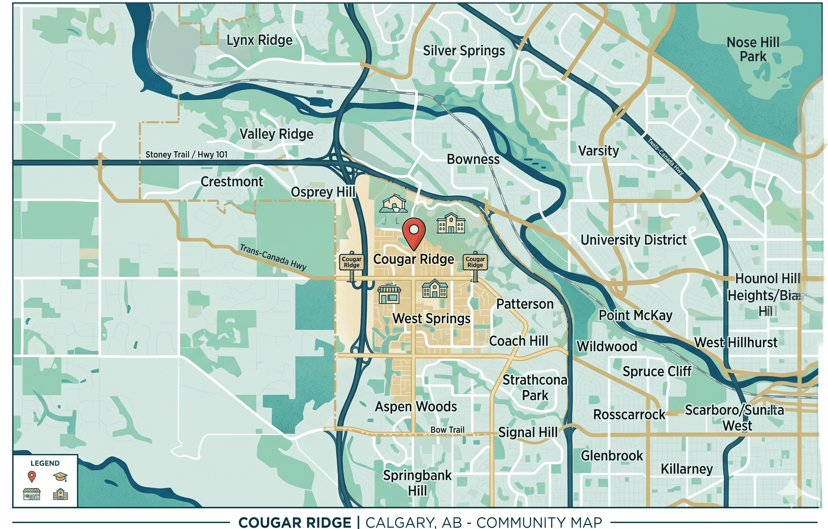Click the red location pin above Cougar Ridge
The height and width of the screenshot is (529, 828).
[x=414, y=231]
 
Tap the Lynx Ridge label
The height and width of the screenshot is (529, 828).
[x=259, y=40]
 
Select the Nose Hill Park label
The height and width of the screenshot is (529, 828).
[x=753, y=49]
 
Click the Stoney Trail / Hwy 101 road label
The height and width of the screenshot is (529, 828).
[x=186, y=154]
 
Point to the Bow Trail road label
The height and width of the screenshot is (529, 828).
[x=447, y=429]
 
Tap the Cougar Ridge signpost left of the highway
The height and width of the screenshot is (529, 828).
[x=351, y=263]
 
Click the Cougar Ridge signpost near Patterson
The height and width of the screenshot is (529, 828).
[x=475, y=263]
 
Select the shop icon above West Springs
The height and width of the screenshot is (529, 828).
[x=389, y=294]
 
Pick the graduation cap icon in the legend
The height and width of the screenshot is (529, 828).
[x=60, y=477]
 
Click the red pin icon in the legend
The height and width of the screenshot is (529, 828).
[x=32, y=476]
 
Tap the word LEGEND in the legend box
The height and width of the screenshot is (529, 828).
[x=45, y=463]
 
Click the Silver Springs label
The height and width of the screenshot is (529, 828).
[x=464, y=51]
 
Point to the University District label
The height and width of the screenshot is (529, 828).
[x=633, y=240]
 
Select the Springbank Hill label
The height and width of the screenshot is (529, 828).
[x=418, y=483]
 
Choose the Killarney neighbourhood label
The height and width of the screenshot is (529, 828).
[x=687, y=469]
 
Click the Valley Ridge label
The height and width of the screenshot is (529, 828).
[x=276, y=134]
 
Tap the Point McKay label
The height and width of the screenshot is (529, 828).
[x=636, y=315]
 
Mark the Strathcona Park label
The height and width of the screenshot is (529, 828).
[x=535, y=387]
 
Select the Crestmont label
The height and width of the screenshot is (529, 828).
[x=232, y=182]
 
